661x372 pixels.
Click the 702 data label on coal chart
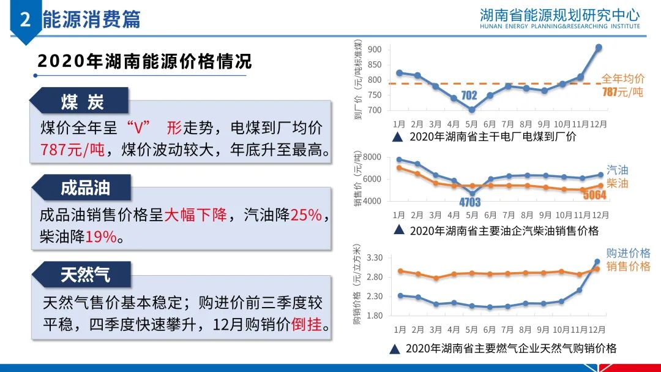pyautogui.click(x=469, y=95)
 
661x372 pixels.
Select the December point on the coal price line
pyautogui.click(x=599, y=47)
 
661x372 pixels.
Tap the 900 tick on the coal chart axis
pyautogui.click(x=375, y=50)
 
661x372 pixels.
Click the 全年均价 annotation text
pyautogui.click(x=623, y=78)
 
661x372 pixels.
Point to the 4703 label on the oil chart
pyautogui.click(x=471, y=202)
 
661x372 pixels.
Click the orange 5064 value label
pyautogui.click(x=595, y=195)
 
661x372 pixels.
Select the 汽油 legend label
pyautogui.click(x=618, y=170)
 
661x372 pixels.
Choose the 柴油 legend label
pyautogui.click(x=618, y=183)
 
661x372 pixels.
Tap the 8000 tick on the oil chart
pyautogui.click(x=372, y=158)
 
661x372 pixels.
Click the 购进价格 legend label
pyautogui.click(x=628, y=253)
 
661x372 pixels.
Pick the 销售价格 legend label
pyautogui.click(x=628, y=266)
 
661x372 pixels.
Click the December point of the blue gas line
pyautogui.click(x=597, y=262)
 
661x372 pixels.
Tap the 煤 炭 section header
pyautogui.click(x=82, y=102)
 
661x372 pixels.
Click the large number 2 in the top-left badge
pyautogui.click(x=25, y=20)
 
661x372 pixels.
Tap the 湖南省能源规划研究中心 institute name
pyautogui.click(x=559, y=14)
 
